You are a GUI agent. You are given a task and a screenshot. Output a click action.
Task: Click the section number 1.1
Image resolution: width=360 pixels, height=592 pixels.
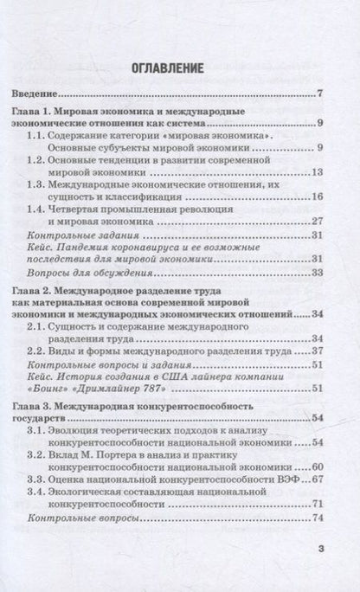(38, 136)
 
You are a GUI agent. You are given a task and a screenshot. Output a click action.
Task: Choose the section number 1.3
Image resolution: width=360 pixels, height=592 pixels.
(38, 184)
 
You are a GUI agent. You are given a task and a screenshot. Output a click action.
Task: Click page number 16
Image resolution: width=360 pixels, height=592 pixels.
(318, 197)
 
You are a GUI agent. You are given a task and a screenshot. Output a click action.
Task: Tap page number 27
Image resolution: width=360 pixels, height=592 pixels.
(318, 222)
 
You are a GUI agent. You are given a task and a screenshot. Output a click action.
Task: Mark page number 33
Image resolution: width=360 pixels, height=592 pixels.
(318, 273)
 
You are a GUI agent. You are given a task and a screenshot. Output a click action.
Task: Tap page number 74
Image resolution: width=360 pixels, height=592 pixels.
(318, 518)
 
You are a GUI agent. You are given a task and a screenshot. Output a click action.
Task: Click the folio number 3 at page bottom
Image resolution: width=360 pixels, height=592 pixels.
(320, 548)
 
